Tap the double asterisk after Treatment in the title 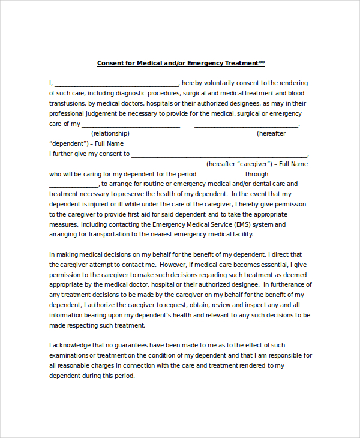coord(262,63)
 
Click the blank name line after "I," coord(116,83)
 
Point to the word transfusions coord(67,103)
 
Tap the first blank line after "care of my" coord(131,124)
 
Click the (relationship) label coord(110,133)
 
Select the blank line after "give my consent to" coord(220,154)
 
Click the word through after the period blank coord(257,174)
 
